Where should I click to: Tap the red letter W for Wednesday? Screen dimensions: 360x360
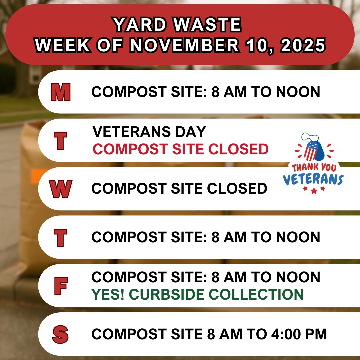pyautogui.click(x=60, y=189)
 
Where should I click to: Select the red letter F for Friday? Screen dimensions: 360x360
pyautogui.click(x=60, y=286)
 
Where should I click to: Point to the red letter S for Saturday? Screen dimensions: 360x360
pyautogui.click(x=60, y=334)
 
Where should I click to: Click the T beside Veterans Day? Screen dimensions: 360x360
pyautogui.click(x=60, y=140)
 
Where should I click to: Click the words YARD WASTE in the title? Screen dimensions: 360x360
pyautogui.click(x=177, y=25)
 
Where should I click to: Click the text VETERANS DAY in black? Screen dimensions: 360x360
pyautogui.click(x=149, y=132)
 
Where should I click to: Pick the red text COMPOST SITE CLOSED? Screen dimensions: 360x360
pyautogui.click(x=180, y=149)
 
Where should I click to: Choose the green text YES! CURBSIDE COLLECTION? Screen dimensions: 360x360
pyautogui.click(x=197, y=294)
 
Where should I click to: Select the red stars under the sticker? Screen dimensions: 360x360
pyautogui.click(x=313, y=190)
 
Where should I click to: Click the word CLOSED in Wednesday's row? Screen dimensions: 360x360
pyautogui.click(x=237, y=189)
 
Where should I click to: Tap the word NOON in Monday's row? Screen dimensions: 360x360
pyautogui.click(x=299, y=92)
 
